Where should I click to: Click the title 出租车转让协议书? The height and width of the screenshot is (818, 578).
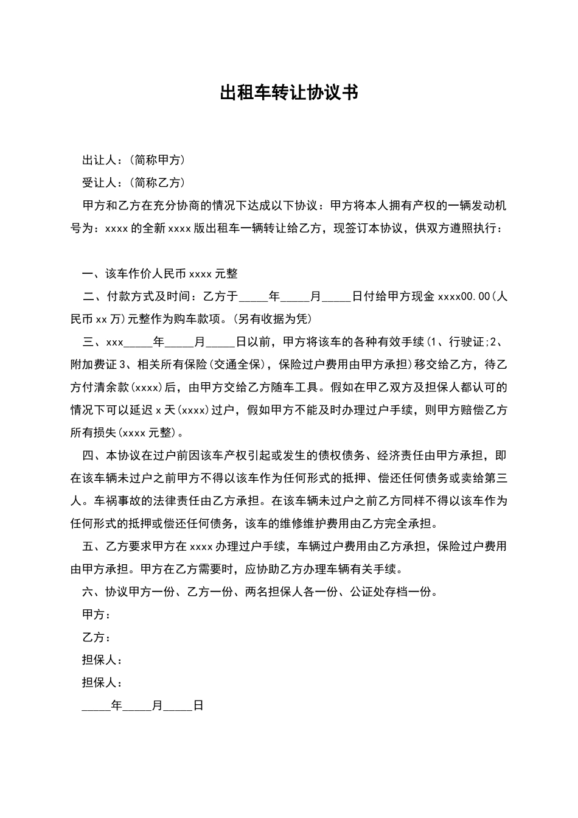(288, 93)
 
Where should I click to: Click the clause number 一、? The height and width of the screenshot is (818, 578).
(93, 274)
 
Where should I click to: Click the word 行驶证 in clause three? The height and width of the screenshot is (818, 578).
(465, 342)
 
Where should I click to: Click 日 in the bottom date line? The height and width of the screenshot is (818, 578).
(198, 705)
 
